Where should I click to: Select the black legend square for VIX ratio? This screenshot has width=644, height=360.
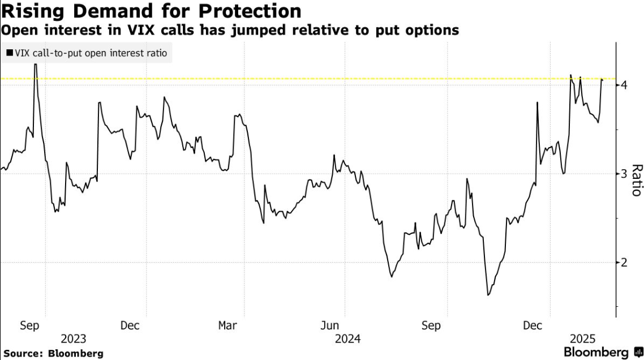tap(9, 53)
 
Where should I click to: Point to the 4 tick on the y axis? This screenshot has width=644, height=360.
tap(624, 85)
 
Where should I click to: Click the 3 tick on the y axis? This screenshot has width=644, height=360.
tap(624, 174)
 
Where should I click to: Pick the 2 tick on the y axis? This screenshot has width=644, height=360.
tap(624, 262)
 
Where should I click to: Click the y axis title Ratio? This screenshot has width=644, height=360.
tap(636, 180)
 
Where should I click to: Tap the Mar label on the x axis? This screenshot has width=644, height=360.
tap(227, 326)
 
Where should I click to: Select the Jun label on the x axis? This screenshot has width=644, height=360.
tap(329, 326)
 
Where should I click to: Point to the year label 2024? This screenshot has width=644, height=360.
tap(347, 339)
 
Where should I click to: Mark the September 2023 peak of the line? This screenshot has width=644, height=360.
tap(36, 64)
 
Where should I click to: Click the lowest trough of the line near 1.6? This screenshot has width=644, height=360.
tap(488, 295)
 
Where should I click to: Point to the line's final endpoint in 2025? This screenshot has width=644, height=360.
tap(603, 80)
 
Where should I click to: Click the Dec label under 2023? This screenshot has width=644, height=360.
tap(130, 326)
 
